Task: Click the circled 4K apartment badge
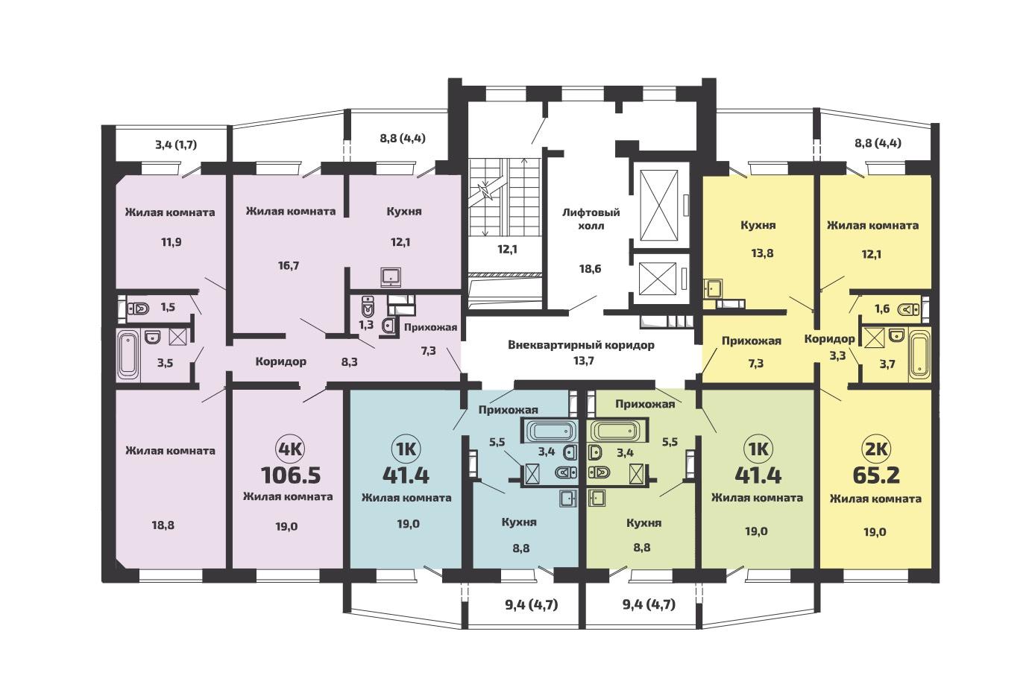[x=291, y=449]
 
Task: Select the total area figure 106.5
[x=291, y=475]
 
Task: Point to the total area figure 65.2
[x=876, y=475]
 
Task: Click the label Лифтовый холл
[x=591, y=219]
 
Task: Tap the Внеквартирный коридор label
[x=581, y=345]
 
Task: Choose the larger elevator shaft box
[x=658, y=205]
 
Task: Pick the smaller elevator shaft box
[x=658, y=278]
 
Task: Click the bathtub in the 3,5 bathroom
[x=128, y=355]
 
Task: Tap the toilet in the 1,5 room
[x=138, y=308]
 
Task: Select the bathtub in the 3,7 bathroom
[x=919, y=355]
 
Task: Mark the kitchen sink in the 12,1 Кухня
[x=391, y=277]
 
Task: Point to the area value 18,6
[x=591, y=268]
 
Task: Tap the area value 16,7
[x=289, y=265]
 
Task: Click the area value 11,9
[x=171, y=242]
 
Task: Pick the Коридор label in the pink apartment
[x=280, y=361]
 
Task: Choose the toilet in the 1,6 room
[x=909, y=309]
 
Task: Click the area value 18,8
[x=163, y=525]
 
